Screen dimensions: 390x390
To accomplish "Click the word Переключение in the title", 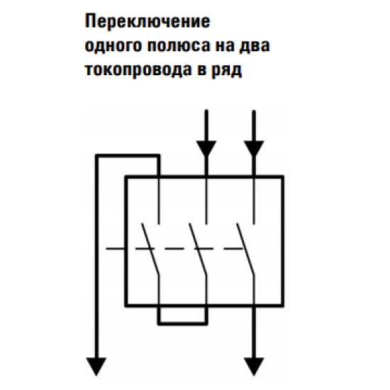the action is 147,22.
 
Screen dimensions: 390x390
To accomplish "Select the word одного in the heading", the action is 113,46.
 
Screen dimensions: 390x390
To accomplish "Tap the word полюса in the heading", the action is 179,45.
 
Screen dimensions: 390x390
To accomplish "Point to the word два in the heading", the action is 255,46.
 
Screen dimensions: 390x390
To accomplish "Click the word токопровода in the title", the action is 138,70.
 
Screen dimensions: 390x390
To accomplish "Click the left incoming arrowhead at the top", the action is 206,148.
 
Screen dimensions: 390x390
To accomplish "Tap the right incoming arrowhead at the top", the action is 254,148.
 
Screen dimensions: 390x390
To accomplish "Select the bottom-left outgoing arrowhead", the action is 96,366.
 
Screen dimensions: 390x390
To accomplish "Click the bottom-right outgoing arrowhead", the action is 254,366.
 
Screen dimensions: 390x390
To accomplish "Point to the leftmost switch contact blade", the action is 150,249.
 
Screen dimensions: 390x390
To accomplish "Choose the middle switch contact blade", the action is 198,249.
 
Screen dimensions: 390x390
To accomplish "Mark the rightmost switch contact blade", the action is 245,249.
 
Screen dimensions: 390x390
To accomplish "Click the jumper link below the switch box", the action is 182,323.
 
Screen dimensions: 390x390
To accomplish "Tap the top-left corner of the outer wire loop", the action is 97,156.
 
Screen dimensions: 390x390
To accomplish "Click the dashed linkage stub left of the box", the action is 115,248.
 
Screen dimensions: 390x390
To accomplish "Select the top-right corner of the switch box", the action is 283,177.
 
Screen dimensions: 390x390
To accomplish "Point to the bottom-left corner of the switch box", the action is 126,305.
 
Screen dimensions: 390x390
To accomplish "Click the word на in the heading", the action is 225,46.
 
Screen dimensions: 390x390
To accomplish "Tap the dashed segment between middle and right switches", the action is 233,248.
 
